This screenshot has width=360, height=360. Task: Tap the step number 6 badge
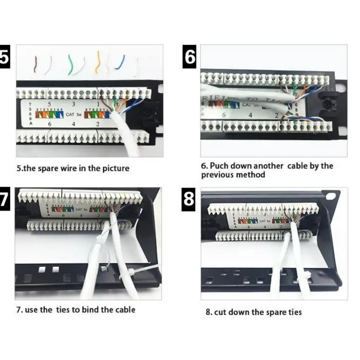(190, 57)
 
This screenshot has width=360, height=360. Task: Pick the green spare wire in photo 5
(71, 64)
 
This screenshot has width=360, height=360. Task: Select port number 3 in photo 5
(73, 104)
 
